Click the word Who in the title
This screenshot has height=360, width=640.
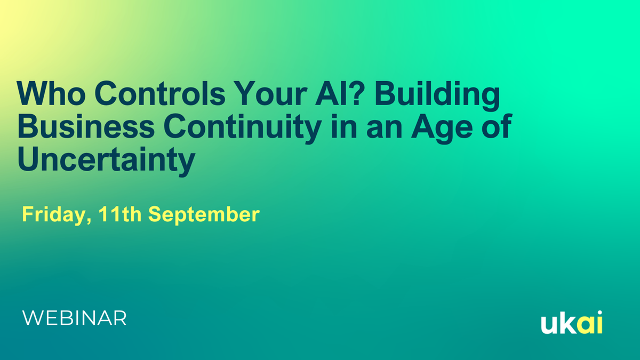click(51, 93)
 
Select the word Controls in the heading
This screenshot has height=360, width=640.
click(160, 93)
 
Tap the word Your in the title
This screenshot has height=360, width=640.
click(271, 93)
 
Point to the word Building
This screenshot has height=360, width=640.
click(438, 96)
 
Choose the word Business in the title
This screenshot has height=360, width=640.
click(86, 126)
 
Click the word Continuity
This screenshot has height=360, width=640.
click(243, 129)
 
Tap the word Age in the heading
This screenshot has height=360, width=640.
click(442, 129)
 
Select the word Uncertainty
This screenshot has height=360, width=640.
click(107, 162)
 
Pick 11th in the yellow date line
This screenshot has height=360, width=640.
click(119, 214)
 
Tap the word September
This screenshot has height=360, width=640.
click(204, 215)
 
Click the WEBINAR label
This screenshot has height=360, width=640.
click(74, 318)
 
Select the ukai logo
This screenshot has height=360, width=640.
click(572, 322)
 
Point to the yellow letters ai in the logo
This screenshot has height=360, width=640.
click(590, 322)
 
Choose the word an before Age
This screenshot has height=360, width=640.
click(384, 129)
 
